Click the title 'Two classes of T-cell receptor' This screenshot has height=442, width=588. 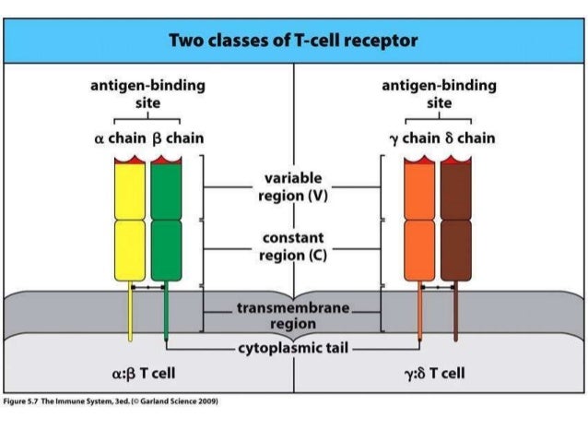coord(294,42)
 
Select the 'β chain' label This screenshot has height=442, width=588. coord(176,138)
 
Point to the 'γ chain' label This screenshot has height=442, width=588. coord(407,138)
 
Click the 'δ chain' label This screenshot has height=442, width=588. coord(468,138)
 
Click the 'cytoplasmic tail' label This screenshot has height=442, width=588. coord(293,349)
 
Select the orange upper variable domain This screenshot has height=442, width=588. coord(419,189)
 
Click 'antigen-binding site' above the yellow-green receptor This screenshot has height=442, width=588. coord(147,94)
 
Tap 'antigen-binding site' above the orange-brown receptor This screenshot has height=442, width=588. coord(439,94)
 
